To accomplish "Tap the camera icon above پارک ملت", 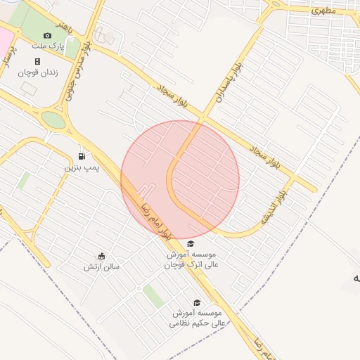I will tap(48, 35).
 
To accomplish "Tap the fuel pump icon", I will tap(82, 156).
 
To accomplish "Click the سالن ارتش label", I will tap(100, 266).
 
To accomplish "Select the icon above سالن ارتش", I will tap(102, 256).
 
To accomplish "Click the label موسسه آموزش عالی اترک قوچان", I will tap(193, 259).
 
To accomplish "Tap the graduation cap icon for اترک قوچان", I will tap(191, 244).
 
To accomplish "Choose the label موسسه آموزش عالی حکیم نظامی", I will tap(198, 318).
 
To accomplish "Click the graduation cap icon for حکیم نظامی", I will tap(197, 303).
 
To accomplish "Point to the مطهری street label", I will tap(324, 11).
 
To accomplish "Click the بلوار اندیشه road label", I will tap(273, 205).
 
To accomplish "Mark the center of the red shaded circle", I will tap(180, 180).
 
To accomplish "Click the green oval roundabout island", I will tap(53, 120).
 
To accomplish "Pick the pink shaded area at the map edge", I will tap(5, 39).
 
